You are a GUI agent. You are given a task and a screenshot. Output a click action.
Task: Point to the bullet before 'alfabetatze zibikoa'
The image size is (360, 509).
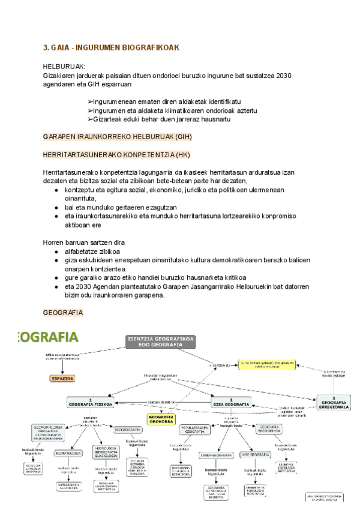pos(56,251)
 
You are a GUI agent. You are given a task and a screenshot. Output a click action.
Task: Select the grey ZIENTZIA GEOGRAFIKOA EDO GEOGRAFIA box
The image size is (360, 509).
pos(161,342)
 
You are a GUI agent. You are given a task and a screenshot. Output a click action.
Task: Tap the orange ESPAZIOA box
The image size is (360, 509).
pos(62,379)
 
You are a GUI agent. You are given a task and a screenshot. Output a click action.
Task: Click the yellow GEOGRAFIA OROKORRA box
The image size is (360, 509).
pos(161,420)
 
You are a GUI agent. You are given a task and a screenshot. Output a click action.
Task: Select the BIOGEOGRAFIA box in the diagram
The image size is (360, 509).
pos(128,430)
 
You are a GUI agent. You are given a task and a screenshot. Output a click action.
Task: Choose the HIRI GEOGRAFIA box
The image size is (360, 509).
pos(254,454)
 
